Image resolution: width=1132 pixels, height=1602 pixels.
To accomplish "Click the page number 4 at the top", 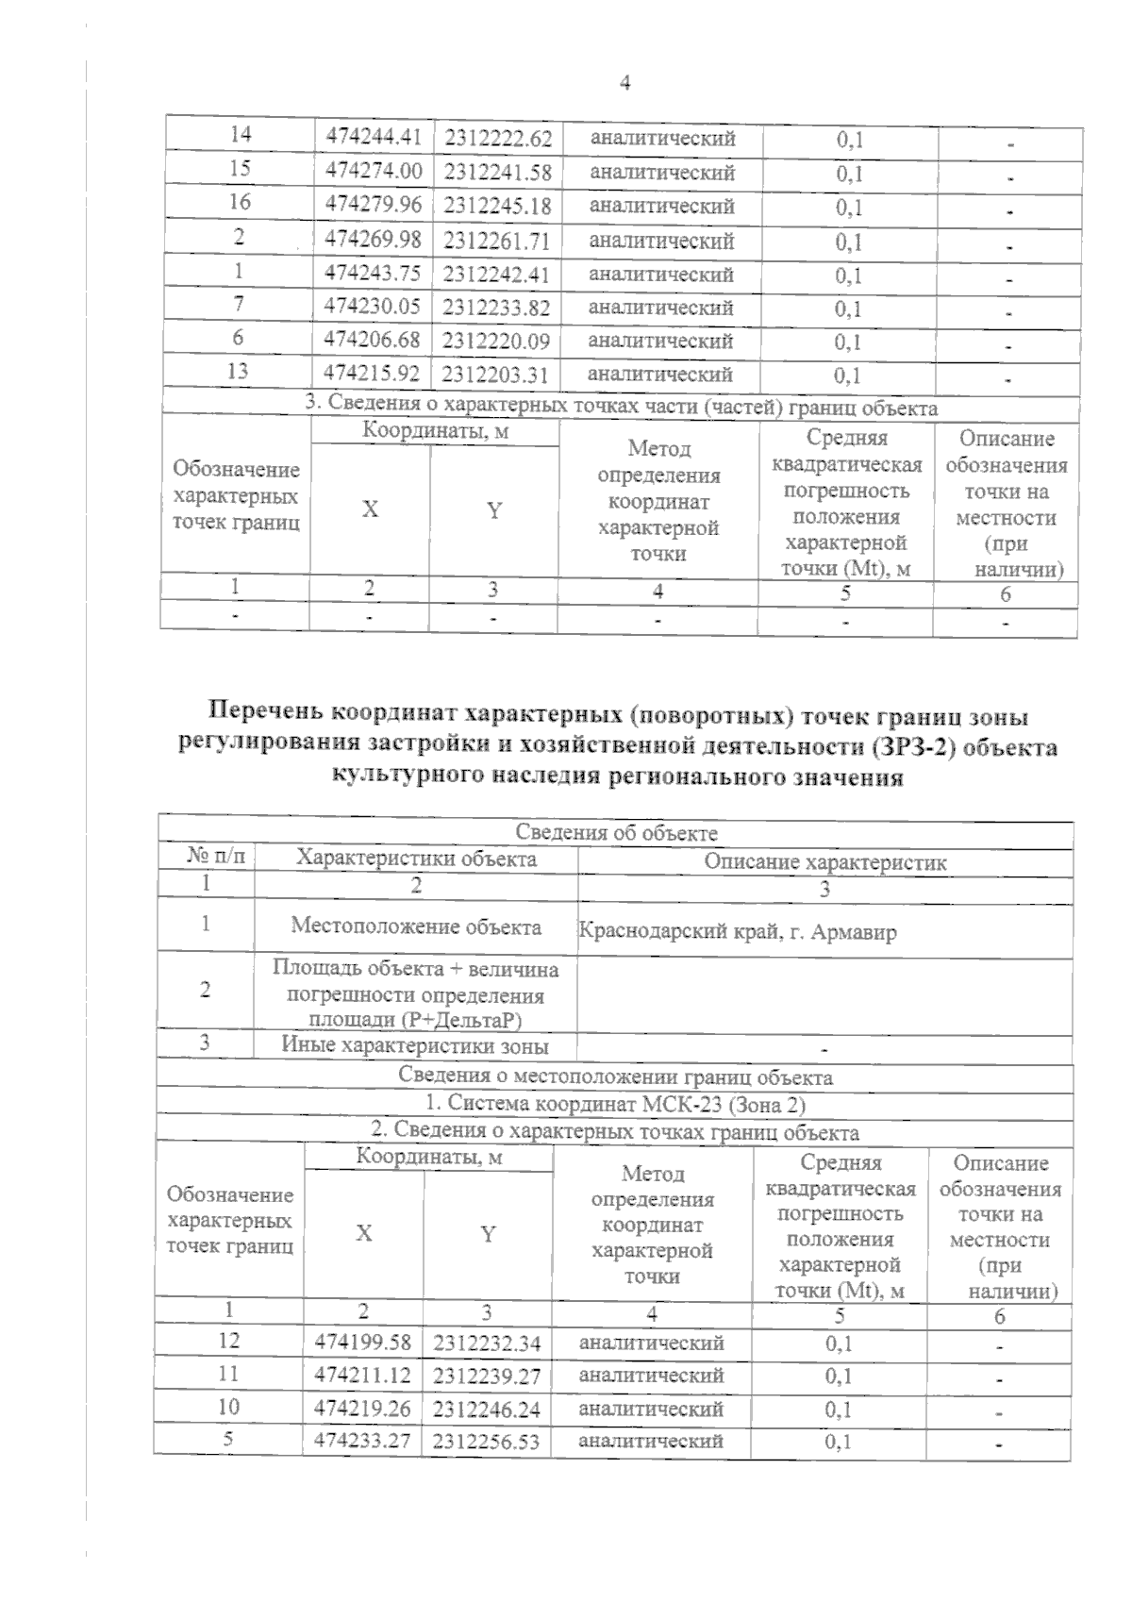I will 624,83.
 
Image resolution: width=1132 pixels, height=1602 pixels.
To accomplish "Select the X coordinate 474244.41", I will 373,137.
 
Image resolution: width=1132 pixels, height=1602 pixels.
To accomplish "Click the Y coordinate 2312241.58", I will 497,172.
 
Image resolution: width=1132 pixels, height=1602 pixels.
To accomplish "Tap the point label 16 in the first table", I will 240,202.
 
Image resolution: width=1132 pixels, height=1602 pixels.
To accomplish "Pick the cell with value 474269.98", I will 373,240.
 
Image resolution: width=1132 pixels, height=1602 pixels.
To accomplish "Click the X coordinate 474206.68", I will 372,340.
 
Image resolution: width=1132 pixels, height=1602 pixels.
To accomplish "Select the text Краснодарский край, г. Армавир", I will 737,933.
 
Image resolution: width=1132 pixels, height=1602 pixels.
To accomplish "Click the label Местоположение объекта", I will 416,926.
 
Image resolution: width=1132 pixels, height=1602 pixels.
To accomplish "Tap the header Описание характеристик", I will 825,861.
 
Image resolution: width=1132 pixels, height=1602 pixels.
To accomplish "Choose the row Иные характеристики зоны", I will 415,1045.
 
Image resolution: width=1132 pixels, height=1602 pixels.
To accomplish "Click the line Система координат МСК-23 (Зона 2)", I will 615,1103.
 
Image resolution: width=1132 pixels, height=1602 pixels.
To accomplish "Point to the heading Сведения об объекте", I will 616,833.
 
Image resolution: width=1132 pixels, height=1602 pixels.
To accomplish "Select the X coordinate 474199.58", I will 363,1341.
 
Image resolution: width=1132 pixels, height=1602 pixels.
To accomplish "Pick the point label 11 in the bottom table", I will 228,1374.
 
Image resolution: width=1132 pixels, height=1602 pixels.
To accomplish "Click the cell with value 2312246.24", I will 487,1410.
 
